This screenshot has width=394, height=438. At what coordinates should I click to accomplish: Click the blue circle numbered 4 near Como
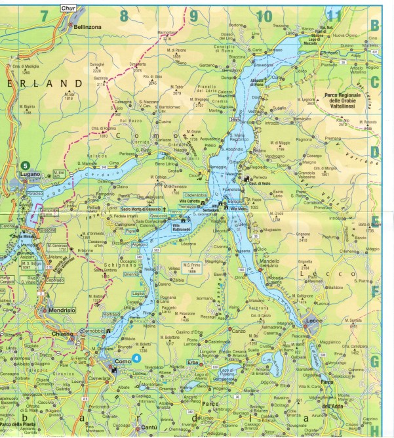pos(136,358)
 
